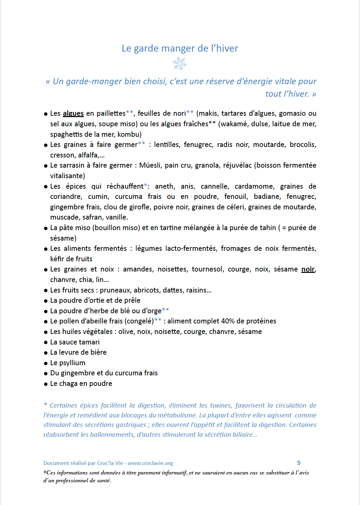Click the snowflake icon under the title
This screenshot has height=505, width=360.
coord(180,63)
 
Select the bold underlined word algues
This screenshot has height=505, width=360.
coord(73,113)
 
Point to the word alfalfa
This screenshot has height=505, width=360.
coord(88,155)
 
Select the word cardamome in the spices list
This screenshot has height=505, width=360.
coord(254,186)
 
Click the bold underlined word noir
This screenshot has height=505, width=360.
coord(308,269)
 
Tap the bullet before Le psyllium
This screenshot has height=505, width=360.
coord(46,363)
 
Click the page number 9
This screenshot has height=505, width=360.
coord(299,463)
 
